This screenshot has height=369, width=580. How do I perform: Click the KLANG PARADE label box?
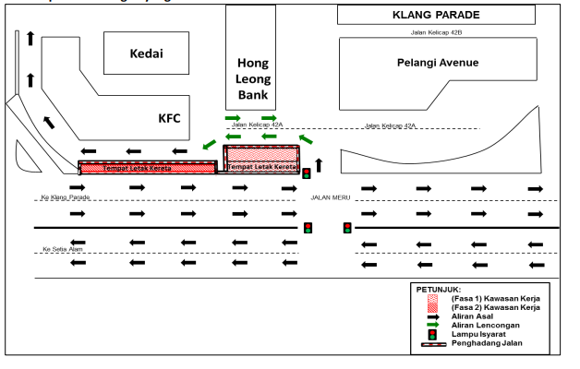pyautogui.click(x=435, y=15)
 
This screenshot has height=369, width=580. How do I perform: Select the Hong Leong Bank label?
pyautogui.click(x=253, y=79)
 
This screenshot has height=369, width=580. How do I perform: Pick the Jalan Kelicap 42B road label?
pyautogui.click(x=435, y=32)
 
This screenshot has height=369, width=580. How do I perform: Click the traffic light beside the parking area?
pyautogui.click(x=307, y=173)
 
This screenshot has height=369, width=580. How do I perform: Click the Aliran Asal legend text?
pyautogui.click(x=477, y=315)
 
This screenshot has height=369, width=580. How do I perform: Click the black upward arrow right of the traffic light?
pyautogui.click(x=320, y=165)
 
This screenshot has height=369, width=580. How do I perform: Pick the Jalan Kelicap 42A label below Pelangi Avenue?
pyautogui.click(x=391, y=125)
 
